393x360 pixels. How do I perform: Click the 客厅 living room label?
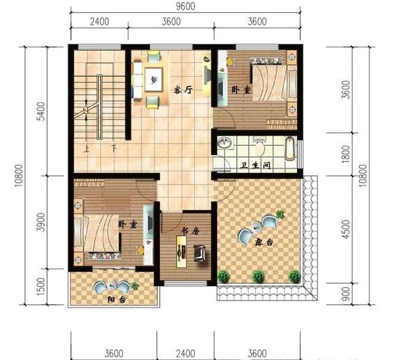pyautogui.click(x=183, y=90)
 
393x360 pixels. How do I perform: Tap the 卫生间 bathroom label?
pyautogui.click(x=255, y=165)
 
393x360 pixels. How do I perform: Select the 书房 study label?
pyautogui.click(x=190, y=232)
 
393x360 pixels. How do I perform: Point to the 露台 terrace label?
pyautogui.click(x=264, y=242)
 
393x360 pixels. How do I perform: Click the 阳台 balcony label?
pyautogui.click(x=117, y=299)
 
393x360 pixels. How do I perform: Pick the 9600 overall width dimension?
pyautogui.click(x=185, y=6)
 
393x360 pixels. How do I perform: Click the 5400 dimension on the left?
pyautogui.click(x=41, y=111)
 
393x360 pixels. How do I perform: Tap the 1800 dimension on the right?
pyautogui.click(x=346, y=154)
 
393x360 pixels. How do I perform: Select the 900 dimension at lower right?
pyautogui.click(x=346, y=294)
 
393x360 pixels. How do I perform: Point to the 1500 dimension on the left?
pyautogui.click(x=41, y=286)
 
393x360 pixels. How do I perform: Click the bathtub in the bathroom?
pyautogui.click(x=290, y=148)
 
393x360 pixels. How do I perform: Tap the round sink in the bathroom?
pyautogui.click(x=224, y=143)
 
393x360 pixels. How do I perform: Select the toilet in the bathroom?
pyautogui.click(x=260, y=147)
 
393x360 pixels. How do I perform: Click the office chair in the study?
pyautogui.click(x=200, y=253)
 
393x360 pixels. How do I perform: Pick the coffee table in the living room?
pyautogui.click(x=154, y=79)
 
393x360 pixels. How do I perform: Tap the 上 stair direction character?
pyautogui.click(x=87, y=149)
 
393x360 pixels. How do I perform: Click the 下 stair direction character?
pyautogui.click(x=114, y=148)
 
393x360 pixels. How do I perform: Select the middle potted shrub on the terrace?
pyautogui.click(x=258, y=277)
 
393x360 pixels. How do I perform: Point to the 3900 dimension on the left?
pyautogui.click(x=41, y=222)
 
